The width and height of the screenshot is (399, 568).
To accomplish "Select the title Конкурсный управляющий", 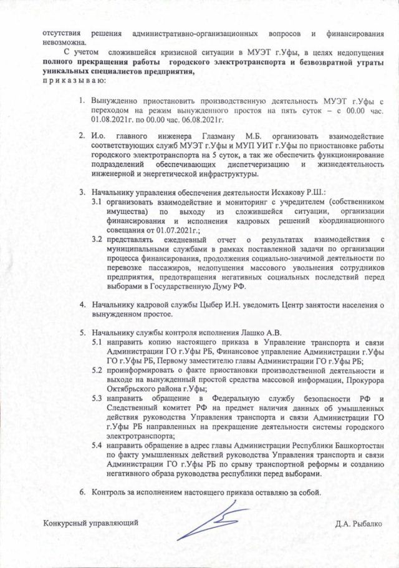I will tap(90, 521).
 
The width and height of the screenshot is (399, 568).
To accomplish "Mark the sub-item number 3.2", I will tap(97, 239).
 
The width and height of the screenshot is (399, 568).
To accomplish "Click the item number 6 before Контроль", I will tap(82, 491).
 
